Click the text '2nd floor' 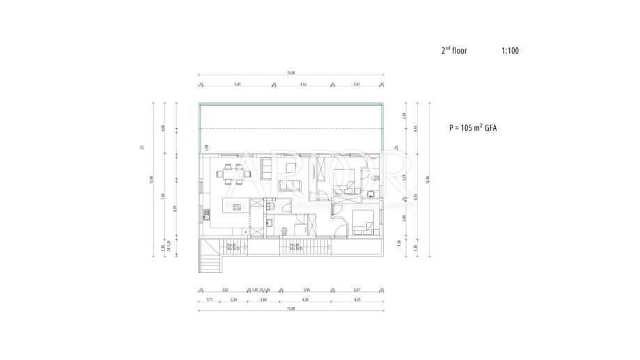pyautogui.click(x=454, y=51)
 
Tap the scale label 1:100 pyautogui.click(x=510, y=51)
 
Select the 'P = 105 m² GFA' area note pyautogui.click(x=476, y=128)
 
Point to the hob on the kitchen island pyautogui.click(x=235, y=207)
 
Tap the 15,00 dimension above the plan pyautogui.click(x=290, y=72)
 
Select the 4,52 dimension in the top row pyautogui.click(x=303, y=84)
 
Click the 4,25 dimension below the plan pyautogui.click(x=357, y=299)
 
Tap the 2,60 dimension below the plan pyautogui.click(x=263, y=299)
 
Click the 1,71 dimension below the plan pyautogui.click(x=210, y=299)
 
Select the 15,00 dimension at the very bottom pyautogui.click(x=290, y=308)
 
